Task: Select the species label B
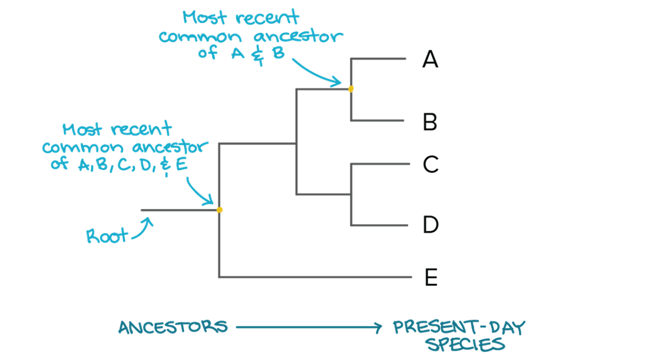[430, 122]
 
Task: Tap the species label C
[431, 164]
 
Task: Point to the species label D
[431, 225]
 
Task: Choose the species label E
[431, 278]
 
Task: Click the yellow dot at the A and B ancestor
[351, 89]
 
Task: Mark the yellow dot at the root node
[220, 210]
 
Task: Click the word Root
[107, 236]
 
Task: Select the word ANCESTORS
[173, 327]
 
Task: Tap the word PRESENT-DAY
[458, 327]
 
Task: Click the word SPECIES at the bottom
[466, 345]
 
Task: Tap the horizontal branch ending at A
[378, 59]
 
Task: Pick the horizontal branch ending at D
[379, 225]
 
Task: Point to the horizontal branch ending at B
[378, 121]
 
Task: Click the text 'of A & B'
[241, 53]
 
